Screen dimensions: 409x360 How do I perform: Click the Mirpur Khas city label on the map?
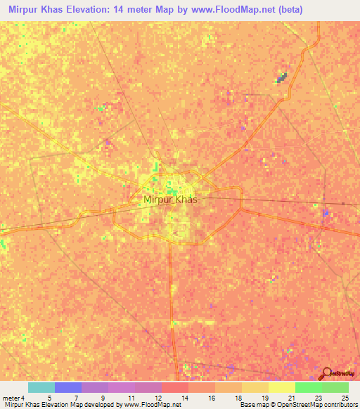[170, 200]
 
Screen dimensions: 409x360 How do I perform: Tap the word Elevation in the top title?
[91, 9]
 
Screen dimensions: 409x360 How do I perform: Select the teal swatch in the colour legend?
[41, 387]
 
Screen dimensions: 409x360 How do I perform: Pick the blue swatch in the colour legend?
[68, 387]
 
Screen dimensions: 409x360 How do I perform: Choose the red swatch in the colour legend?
[175, 387]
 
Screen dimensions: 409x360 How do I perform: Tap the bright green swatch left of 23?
[309, 387]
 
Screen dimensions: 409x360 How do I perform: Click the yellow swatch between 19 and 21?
[282, 387]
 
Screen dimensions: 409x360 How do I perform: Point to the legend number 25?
[344, 397]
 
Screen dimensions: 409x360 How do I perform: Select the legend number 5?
[49, 397]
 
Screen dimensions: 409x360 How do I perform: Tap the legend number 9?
[103, 397]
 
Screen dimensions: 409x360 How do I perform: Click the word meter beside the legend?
[11, 397]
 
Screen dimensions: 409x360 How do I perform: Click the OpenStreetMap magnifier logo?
[326, 373]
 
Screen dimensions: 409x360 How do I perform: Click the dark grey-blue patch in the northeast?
[282, 78]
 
